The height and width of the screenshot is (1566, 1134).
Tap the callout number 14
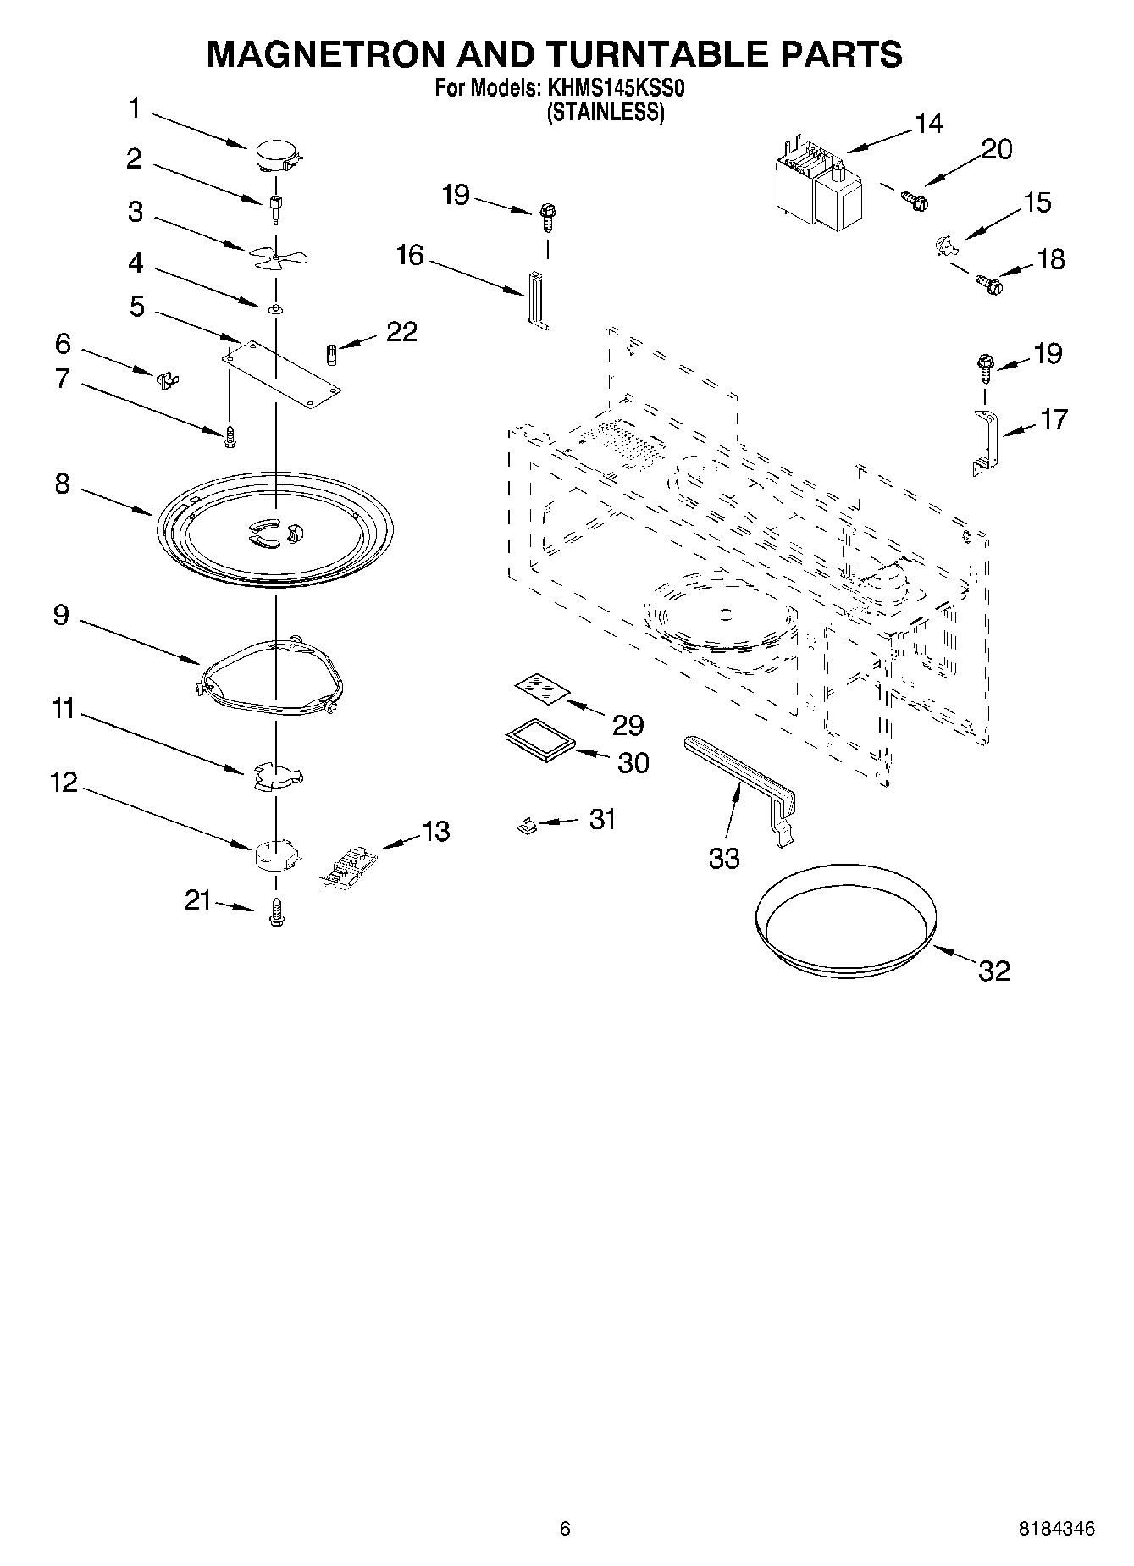pyautogui.click(x=928, y=124)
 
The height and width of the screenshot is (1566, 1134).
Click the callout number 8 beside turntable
pyautogui.click(x=62, y=485)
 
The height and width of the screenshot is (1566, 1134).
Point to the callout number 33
pyautogui.click(x=724, y=858)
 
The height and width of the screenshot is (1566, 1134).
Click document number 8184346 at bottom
pyautogui.click(x=1056, y=1529)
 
